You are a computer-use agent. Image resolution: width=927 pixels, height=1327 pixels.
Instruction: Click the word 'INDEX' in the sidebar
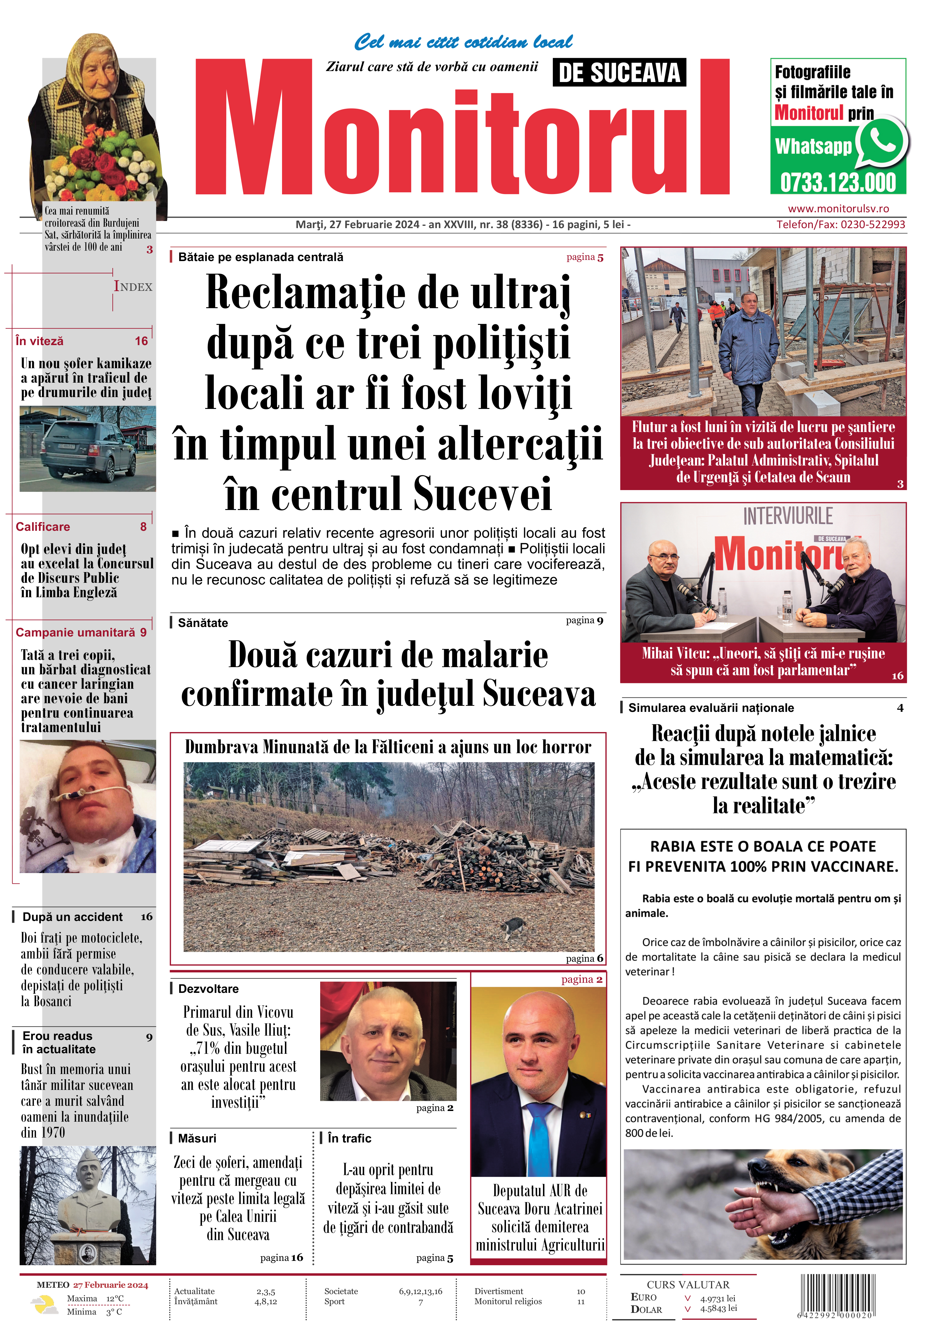pos(133,287)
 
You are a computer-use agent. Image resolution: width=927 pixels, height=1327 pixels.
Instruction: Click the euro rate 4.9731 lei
pos(718,1298)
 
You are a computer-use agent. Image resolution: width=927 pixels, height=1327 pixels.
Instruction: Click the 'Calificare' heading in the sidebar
pos(43,526)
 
